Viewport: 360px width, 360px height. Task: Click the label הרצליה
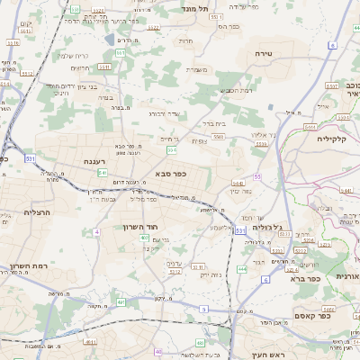[x=17, y=213]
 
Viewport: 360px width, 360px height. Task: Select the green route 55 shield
[x=257, y=176]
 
